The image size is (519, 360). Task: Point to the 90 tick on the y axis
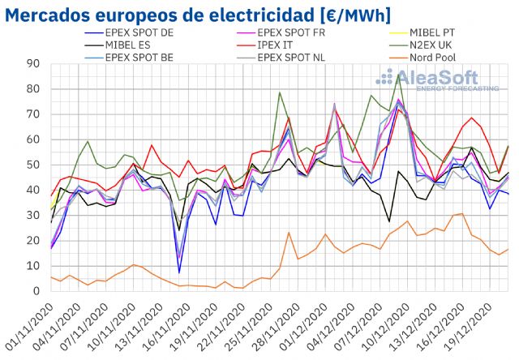pos(34,64)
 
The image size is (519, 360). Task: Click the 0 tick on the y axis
pos(37,291)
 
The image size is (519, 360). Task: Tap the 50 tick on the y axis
pos(34,165)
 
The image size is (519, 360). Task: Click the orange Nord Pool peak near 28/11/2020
pos(290,233)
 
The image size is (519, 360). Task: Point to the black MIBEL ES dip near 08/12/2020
pos(389,221)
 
